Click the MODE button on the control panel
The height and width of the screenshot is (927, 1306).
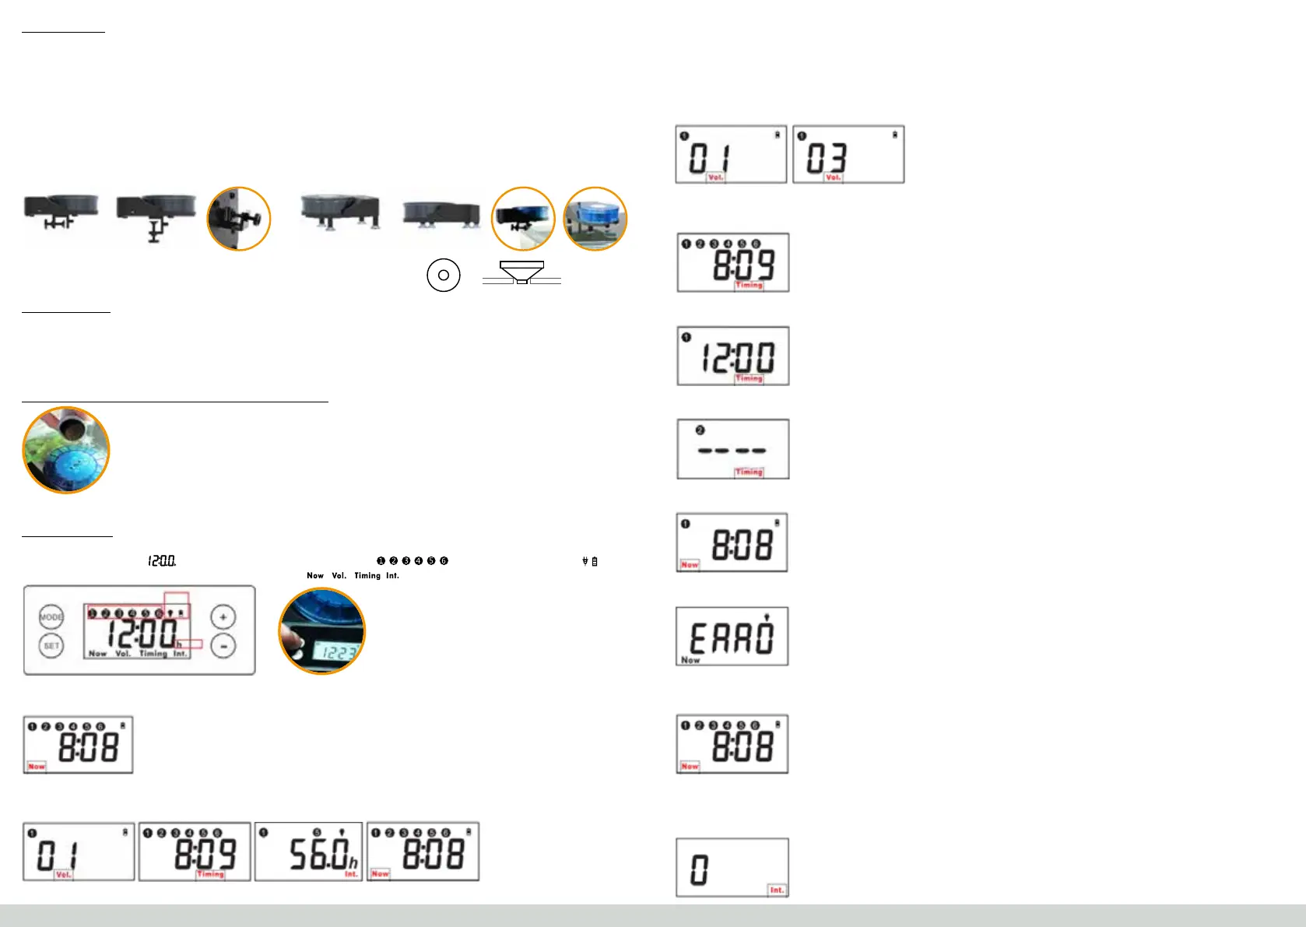coord(51,617)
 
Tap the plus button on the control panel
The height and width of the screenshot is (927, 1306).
coord(223,617)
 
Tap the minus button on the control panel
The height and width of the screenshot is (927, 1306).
coord(223,646)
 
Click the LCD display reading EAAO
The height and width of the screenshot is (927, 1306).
coord(732,636)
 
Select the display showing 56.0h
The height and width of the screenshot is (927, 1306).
coord(309,852)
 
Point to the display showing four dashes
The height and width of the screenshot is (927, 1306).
coord(732,449)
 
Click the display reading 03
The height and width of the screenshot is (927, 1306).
coord(848,154)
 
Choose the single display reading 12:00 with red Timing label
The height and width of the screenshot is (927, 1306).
coord(732,356)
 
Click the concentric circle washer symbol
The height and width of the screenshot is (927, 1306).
coord(444,275)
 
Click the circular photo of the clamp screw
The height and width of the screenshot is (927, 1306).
coord(239,219)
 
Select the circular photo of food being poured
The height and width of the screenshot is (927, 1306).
coord(66,450)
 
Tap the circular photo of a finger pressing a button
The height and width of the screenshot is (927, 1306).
coord(321,630)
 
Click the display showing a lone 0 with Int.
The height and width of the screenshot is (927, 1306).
coord(732,867)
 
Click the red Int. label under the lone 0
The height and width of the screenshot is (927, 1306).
coord(777,890)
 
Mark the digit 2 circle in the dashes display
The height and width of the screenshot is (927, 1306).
coord(700,430)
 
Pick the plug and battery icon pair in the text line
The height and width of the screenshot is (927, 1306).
coord(590,561)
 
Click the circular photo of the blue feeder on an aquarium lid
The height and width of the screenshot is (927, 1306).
coord(595,219)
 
